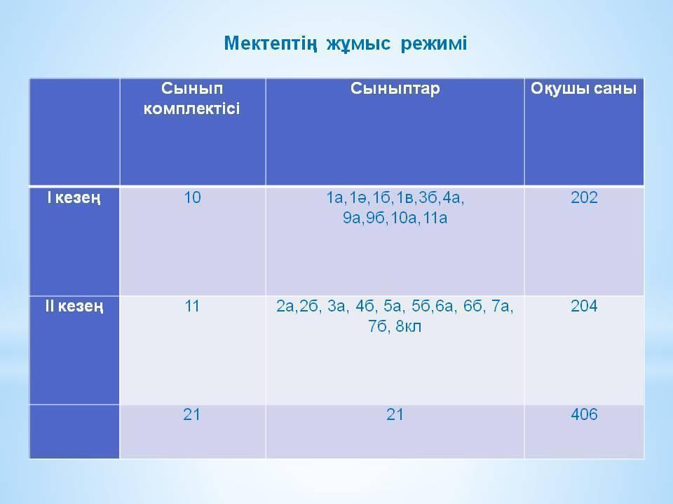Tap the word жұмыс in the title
tap(358, 44)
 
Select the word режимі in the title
tap(433, 44)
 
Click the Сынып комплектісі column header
tap(192, 99)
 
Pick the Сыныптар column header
tap(395, 89)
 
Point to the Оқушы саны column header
tap(584, 89)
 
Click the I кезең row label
tap(74, 198)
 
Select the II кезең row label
tap(74, 307)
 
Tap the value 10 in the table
tap(192, 197)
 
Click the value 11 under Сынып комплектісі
tap(192, 307)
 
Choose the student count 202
tap(584, 197)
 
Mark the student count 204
tap(584, 307)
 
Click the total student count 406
tap(584, 415)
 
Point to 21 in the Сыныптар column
tap(395, 415)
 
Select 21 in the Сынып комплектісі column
tap(191, 415)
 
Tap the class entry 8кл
tap(408, 327)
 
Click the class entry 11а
tap(435, 218)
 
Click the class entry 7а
tap(501, 307)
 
